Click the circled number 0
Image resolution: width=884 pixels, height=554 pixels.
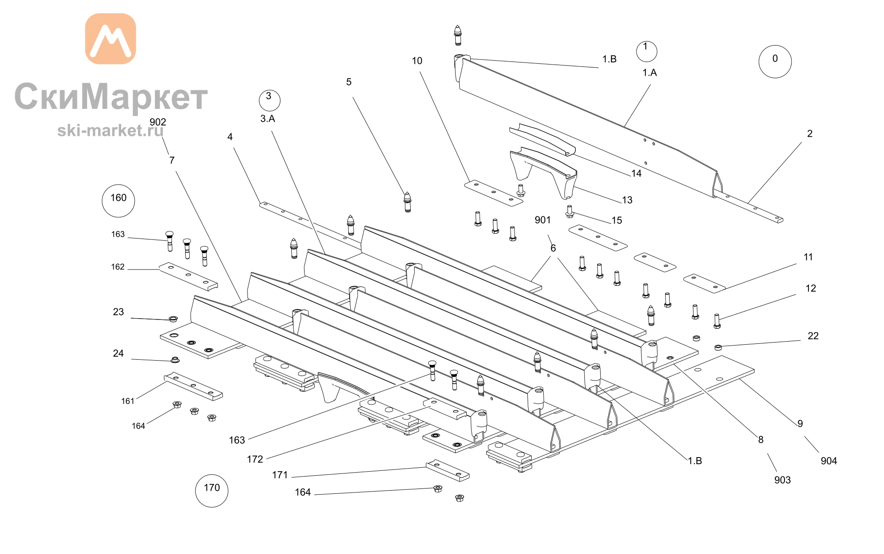pos(775,62)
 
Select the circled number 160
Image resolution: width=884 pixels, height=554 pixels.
pos(118,201)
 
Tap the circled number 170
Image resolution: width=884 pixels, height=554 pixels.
pos(212,491)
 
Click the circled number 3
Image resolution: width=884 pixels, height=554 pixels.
pos(269,100)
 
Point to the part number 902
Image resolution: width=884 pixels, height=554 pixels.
pos(158,122)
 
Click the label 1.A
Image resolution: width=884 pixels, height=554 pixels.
pos(649,73)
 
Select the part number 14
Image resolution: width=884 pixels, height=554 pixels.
pos(636,173)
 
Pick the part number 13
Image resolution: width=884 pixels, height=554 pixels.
pos(627,200)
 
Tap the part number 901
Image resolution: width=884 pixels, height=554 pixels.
pos(543,220)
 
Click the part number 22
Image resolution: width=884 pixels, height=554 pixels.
pos(813,336)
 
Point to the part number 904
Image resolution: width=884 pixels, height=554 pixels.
pos(829,461)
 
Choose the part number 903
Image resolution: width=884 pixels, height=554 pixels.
pos(782,480)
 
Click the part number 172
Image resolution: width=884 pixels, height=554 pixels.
pos(255,459)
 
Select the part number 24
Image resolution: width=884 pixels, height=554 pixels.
pos(118,354)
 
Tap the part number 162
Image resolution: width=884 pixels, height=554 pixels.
pos(118,267)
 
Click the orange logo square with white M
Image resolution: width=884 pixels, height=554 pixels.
pos(110,39)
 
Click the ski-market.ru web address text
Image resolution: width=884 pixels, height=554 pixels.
pos(110,130)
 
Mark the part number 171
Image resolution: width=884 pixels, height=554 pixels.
pos(280,475)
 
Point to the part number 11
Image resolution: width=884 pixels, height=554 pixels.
pos(808,257)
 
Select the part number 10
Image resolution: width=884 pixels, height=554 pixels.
pos(417,61)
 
